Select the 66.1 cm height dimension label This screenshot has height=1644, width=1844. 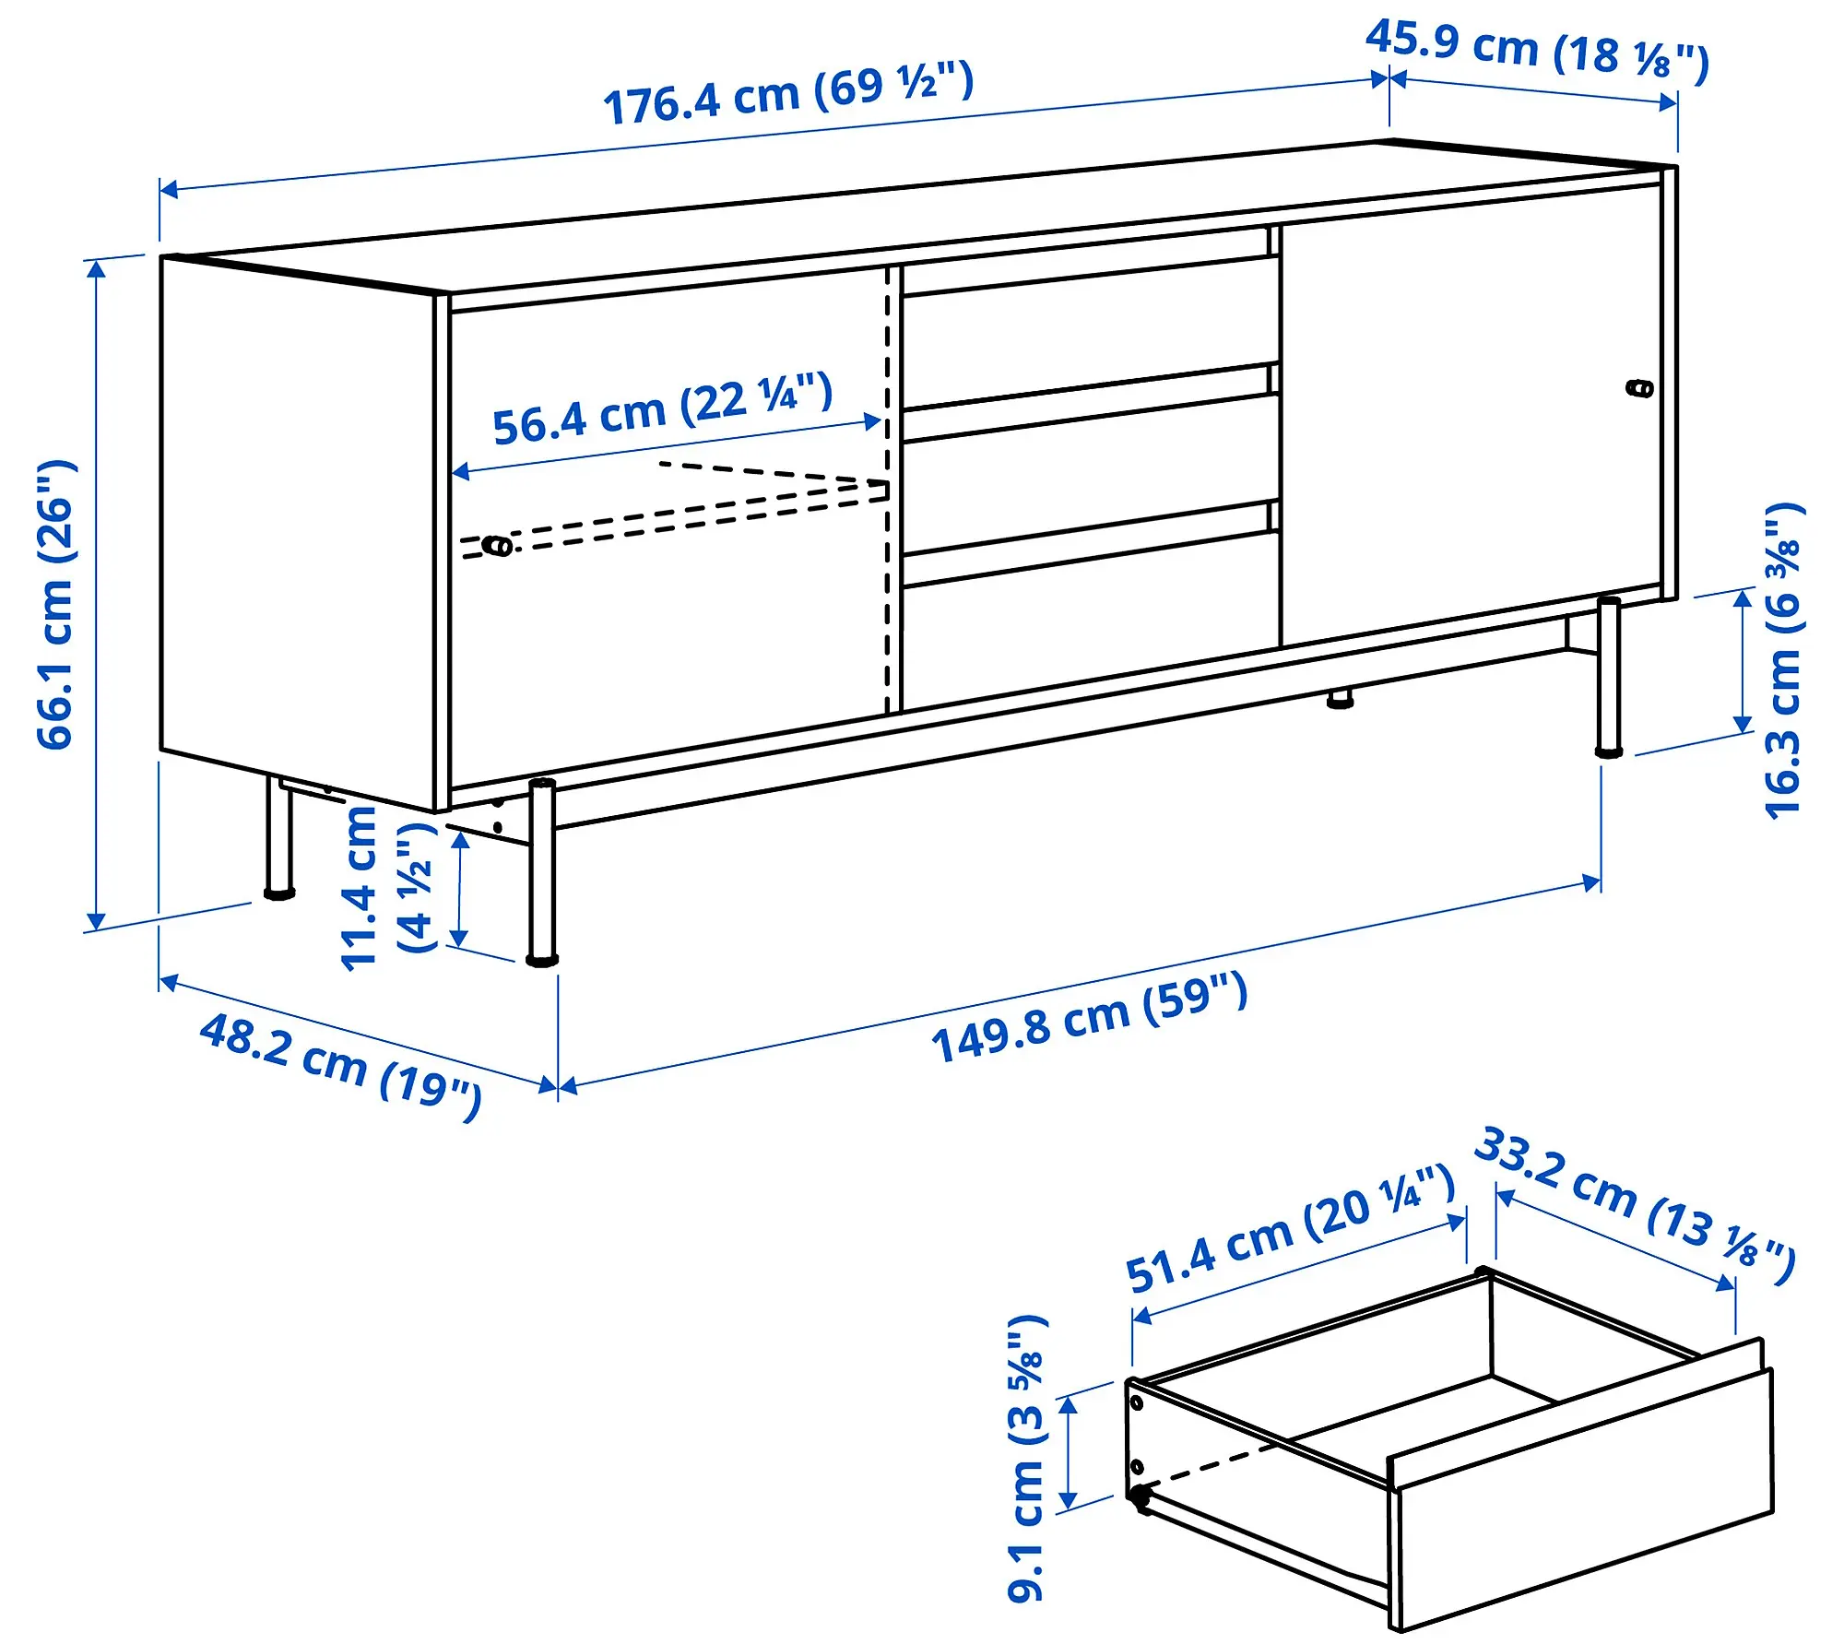point(55,604)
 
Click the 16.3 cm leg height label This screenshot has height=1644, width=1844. point(1783,660)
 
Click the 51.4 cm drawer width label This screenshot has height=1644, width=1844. point(1290,1229)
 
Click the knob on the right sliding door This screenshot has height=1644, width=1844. point(1640,388)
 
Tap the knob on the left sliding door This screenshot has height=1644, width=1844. point(498,546)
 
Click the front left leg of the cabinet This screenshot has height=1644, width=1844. point(542,871)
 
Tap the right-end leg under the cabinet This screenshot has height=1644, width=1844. point(1609,678)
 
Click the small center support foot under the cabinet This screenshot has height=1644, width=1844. point(1341,698)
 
